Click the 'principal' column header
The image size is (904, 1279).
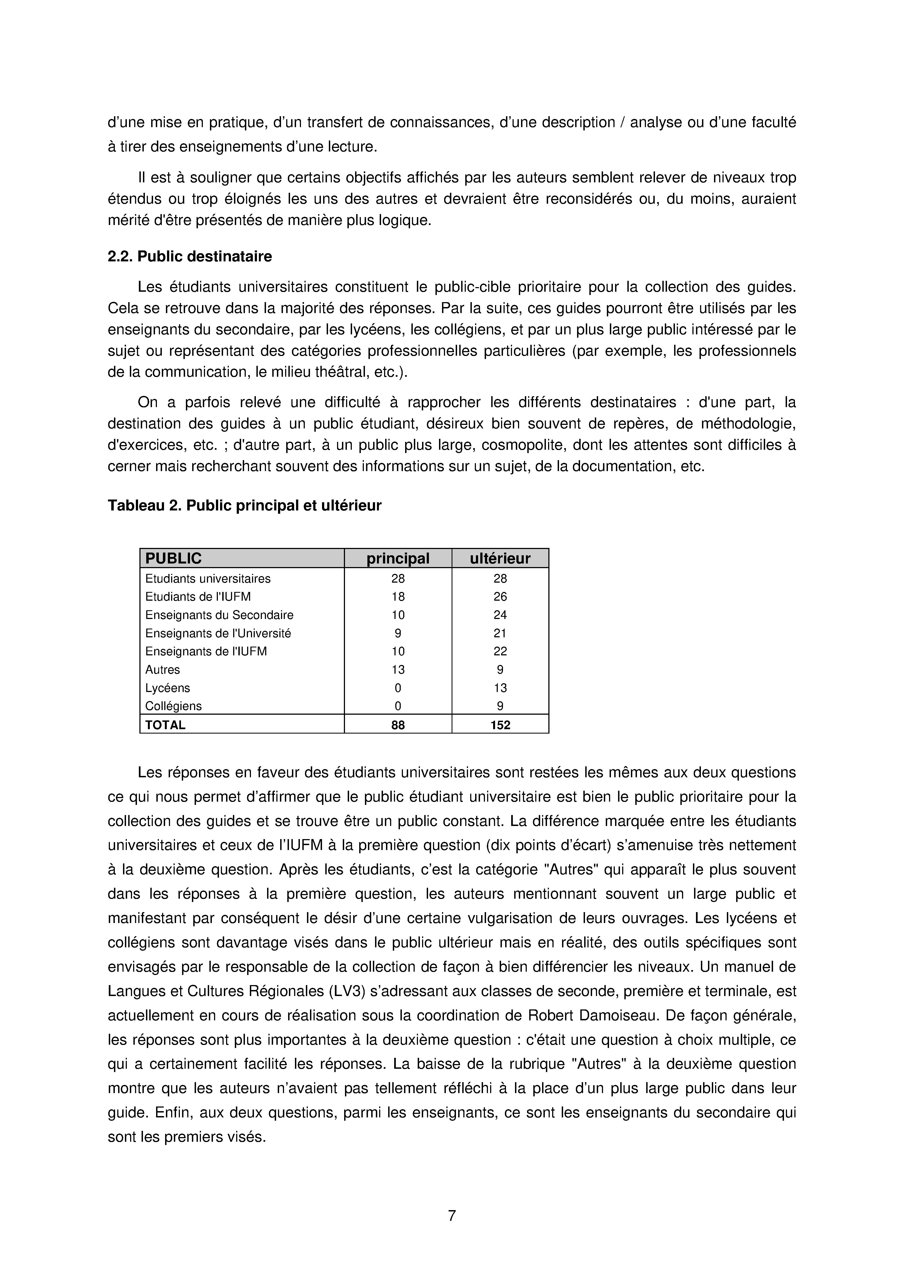[x=398, y=558]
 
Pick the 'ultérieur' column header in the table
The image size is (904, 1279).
[x=500, y=558]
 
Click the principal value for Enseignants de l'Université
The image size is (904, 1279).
[x=398, y=633]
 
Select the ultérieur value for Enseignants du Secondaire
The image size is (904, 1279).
[x=500, y=615]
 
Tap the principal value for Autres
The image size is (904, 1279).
[x=398, y=670]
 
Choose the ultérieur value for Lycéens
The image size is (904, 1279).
[x=500, y=688]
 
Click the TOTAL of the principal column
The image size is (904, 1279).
[x=398, y=725]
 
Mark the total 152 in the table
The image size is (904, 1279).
[x=500, y=725]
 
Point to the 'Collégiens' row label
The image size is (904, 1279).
[x=173, y=706]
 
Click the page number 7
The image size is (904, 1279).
[x=452, y=1216]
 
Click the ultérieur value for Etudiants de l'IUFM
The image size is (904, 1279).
[x=500, y=597]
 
